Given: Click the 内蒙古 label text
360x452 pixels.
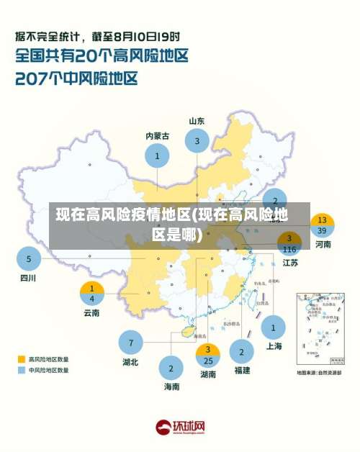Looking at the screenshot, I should click(157, 135).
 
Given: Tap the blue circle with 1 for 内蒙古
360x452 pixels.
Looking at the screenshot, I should click(157, 155).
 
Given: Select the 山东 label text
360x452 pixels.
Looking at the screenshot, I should click(197, 121).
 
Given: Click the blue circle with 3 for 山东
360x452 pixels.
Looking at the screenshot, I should click(197, 141).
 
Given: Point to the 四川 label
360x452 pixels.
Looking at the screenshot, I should click(27, 277).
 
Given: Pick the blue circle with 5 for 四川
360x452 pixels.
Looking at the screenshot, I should click(29, 258).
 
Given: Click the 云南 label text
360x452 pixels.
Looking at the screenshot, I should click(91, 312).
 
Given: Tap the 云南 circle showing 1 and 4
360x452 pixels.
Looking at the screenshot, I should click(91, 293).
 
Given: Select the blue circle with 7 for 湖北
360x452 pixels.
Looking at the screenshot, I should click(130, 342).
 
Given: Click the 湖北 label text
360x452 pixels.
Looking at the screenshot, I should click(130, 362).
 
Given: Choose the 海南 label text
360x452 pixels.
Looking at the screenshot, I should click(171, 387).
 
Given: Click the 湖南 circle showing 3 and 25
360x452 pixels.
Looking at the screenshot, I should click(207, 355).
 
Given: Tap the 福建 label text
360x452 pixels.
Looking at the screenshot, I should click(241, 370).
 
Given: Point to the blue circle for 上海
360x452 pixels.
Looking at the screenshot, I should click(273, 328).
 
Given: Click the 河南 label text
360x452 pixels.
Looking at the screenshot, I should click(323, 245).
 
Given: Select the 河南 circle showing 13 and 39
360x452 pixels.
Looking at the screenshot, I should click(322, 225).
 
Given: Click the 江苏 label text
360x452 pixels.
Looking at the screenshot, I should click(290, 263).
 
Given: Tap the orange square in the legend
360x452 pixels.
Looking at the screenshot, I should click(22, 358).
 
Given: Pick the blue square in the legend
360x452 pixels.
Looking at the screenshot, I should click(22, 370).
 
